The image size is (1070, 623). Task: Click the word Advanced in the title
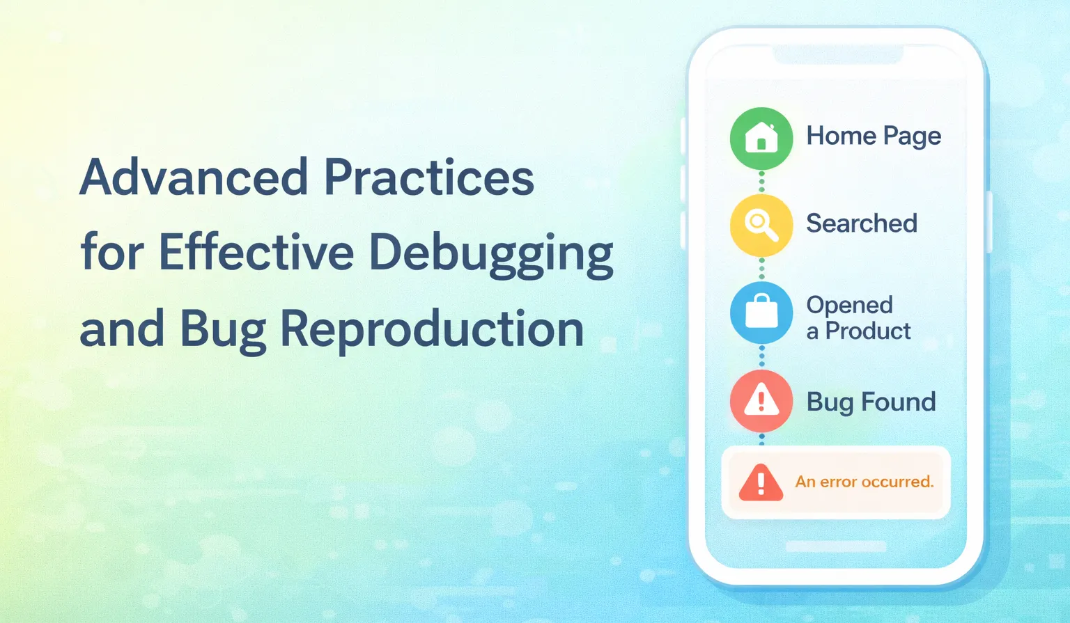(194, 177)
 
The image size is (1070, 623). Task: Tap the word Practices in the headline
(429, 177)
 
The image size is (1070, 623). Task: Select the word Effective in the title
(256, 252)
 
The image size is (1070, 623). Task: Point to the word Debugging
(491, 255)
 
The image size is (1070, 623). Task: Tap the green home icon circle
(761, 139)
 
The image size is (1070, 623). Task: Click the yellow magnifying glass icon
(761, 226)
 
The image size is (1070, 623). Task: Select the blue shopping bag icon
(761, 313)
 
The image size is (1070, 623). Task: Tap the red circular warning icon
(761, 401)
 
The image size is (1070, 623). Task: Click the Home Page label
(874, 136)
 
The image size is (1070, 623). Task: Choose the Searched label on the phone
(862, 223)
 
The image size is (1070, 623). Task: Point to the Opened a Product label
(858, 318)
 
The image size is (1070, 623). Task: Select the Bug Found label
(871, 402)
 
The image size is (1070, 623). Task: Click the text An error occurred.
(864, 482)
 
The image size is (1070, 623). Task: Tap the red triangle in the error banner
(761, 483)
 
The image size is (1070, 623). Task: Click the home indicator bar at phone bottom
(836, 546)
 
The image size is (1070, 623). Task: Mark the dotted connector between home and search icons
(761, 182)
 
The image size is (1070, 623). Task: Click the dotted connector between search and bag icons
(761, 269)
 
